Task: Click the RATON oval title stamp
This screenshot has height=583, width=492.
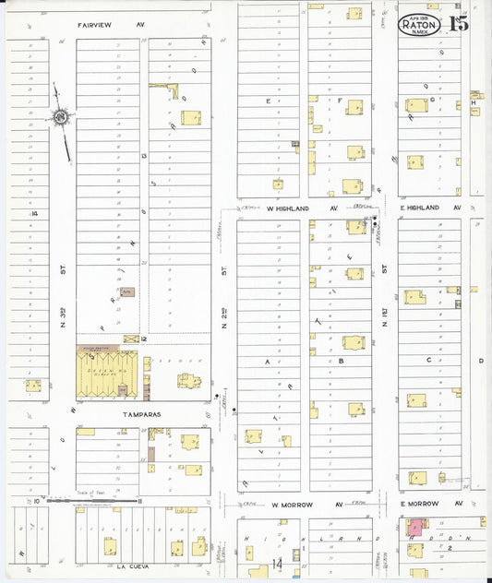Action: [x=420, y=26]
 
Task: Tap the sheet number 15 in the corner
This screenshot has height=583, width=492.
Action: [x=459, y=24]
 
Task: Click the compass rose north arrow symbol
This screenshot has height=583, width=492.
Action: [x=61, y=118]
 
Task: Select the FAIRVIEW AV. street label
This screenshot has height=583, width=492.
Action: [x=112, y=25]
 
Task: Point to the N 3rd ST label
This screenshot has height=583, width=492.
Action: [x=53, y=318]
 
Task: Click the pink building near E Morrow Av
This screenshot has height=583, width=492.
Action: [x=415, y=527]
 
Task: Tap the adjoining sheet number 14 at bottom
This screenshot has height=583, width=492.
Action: [x=277, y=564]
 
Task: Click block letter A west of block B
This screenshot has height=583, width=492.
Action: [x=269, y=362]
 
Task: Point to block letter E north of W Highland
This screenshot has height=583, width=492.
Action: [x=269, y=101]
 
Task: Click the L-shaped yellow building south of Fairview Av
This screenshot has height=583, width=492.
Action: [x=173, y=89]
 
